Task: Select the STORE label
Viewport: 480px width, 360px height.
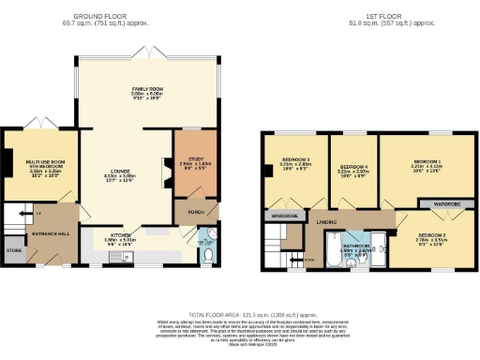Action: click(x=12, y=250)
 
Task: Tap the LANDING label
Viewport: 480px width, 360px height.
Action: click(x=326, y=222)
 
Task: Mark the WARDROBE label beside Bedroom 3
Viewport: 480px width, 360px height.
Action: click(x=284, y=217)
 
